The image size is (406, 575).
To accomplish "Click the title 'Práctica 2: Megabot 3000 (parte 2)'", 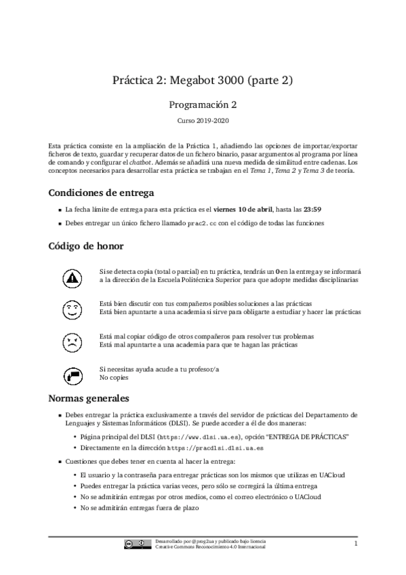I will (x=203, y=81).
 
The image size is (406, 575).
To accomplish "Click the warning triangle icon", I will (x=71, y=277).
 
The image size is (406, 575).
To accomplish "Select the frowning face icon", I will (x=71, y=341).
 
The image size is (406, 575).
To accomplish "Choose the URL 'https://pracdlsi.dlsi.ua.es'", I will (x=215, y=448).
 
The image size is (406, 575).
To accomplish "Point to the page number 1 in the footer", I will (x=355, y=543).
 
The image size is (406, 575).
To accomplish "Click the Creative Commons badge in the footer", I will (x=138, y=544).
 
